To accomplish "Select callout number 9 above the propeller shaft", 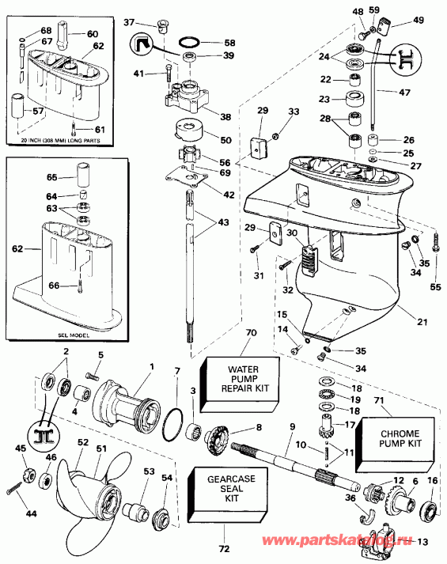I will click(292, 428).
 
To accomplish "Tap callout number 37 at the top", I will click(131, 21).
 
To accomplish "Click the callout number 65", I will click(52, 179).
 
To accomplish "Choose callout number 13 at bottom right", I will click(422, 542).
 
